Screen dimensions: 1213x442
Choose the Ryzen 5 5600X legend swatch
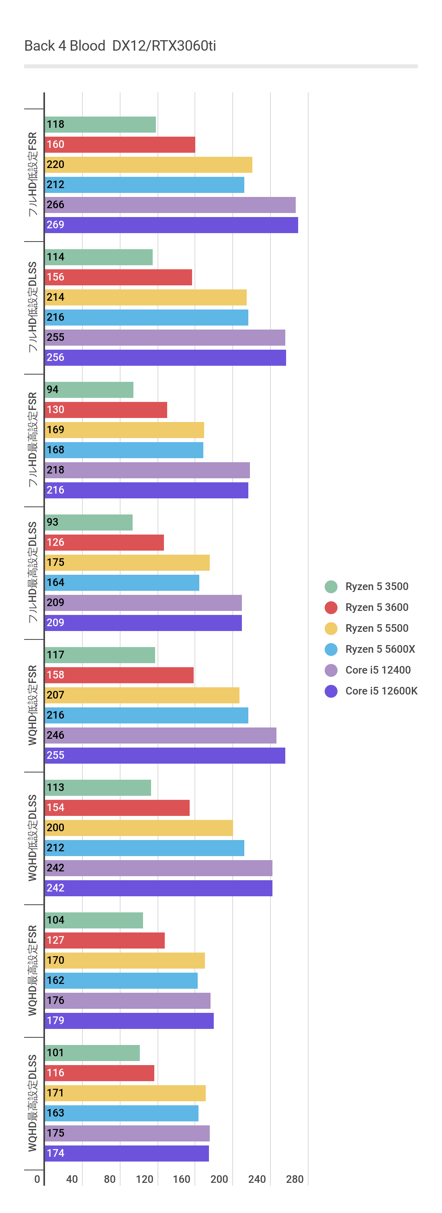[331, 650]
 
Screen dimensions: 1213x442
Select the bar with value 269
[171, 225]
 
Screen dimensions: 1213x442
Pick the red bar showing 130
[106, 410]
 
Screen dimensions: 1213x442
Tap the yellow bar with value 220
[148, 165]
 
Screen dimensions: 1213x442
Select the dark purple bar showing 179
[129, 1020]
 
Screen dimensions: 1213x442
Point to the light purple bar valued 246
[160, 735]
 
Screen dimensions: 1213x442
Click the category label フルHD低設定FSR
[33, 174]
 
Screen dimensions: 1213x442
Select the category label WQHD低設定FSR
[33, 705]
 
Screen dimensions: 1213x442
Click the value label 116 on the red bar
[55, 1073]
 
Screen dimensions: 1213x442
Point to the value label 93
[52, 522]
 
